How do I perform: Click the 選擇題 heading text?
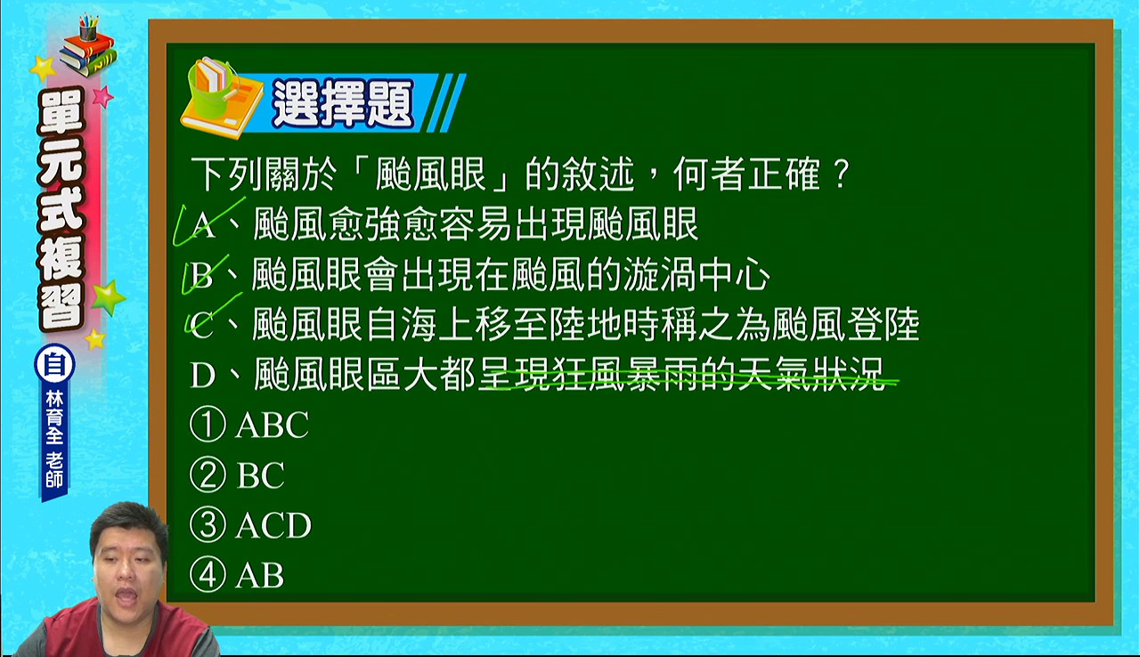pyautogui.click(x=343, y=104)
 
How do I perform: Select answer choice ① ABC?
pyautogui.click(x=249, y=424)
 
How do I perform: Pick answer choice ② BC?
pyautogui.click(x=237, y=474)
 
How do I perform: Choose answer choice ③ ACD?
pyautogui.click(x=250, y=524)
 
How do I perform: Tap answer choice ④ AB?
pyautogui.click(x=237, y=575)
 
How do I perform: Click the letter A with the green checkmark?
pyautogui.click(x=204, y=224)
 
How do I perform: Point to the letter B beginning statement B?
pyautogui.click(x=202, y=275)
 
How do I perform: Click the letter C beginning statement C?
pyautogui.click(x=202, y=326)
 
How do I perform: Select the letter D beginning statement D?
pyautogui.click(x=202, y=376)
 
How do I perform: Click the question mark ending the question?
pyautogui.click(x=842, y=174)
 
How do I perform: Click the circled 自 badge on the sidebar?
pyautogui.click(x=54, y=365)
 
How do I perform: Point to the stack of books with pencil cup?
pyautogui.click(x=87, y=45)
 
